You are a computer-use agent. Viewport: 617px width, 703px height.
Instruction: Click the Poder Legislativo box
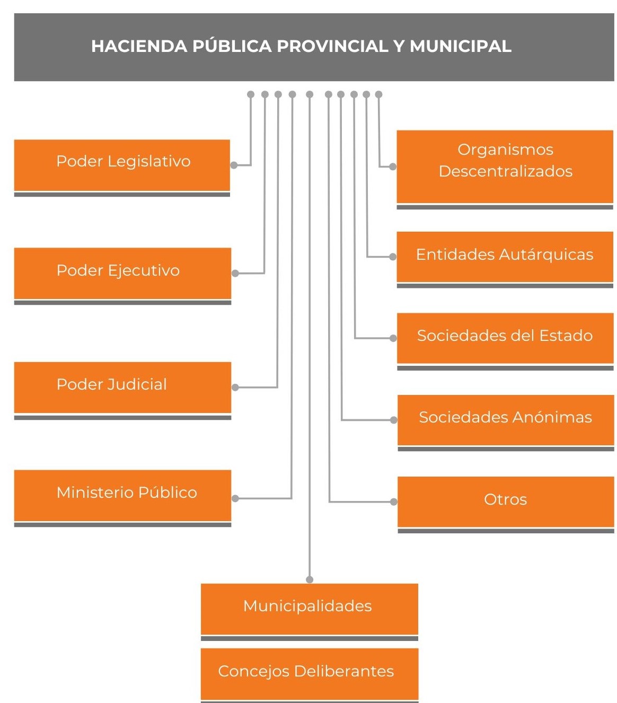tap(122, 165)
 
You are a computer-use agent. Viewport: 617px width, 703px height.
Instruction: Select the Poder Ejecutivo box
tap(122, 273)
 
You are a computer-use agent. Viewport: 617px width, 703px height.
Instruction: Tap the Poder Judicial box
tap(122, 387)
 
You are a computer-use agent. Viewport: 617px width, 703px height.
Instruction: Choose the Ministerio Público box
tap(122, 495)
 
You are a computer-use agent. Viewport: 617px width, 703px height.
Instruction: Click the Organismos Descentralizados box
tap(505, 166)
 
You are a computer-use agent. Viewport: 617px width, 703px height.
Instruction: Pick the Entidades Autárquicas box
tap(505, 257)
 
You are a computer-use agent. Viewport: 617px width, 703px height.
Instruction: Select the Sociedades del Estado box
tap(505, 338)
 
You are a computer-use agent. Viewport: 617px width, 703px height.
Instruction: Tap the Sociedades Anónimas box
tap(505, 419)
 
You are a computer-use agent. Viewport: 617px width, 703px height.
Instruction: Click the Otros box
tap(505, 501)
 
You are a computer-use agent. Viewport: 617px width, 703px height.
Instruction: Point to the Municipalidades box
tap(309, 609)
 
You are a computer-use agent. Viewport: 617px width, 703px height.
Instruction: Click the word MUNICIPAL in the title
tap(460, 46)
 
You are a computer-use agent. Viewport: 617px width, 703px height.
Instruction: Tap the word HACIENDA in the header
tap(139, 46)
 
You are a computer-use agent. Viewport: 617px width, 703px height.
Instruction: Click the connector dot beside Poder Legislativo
tap(234, 165)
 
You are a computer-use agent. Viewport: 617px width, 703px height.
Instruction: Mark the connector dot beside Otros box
tap(394, 502)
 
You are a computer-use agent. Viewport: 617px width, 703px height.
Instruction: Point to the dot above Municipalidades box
tap(310, 579)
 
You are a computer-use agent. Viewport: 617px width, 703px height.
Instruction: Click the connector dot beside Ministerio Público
tap(235, 498)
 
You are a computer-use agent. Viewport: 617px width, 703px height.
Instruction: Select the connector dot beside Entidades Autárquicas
tap(393, 257)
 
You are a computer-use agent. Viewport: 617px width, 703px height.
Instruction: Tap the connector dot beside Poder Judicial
tap(235, 388)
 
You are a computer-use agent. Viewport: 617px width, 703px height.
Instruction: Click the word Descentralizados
tap(506, 171)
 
